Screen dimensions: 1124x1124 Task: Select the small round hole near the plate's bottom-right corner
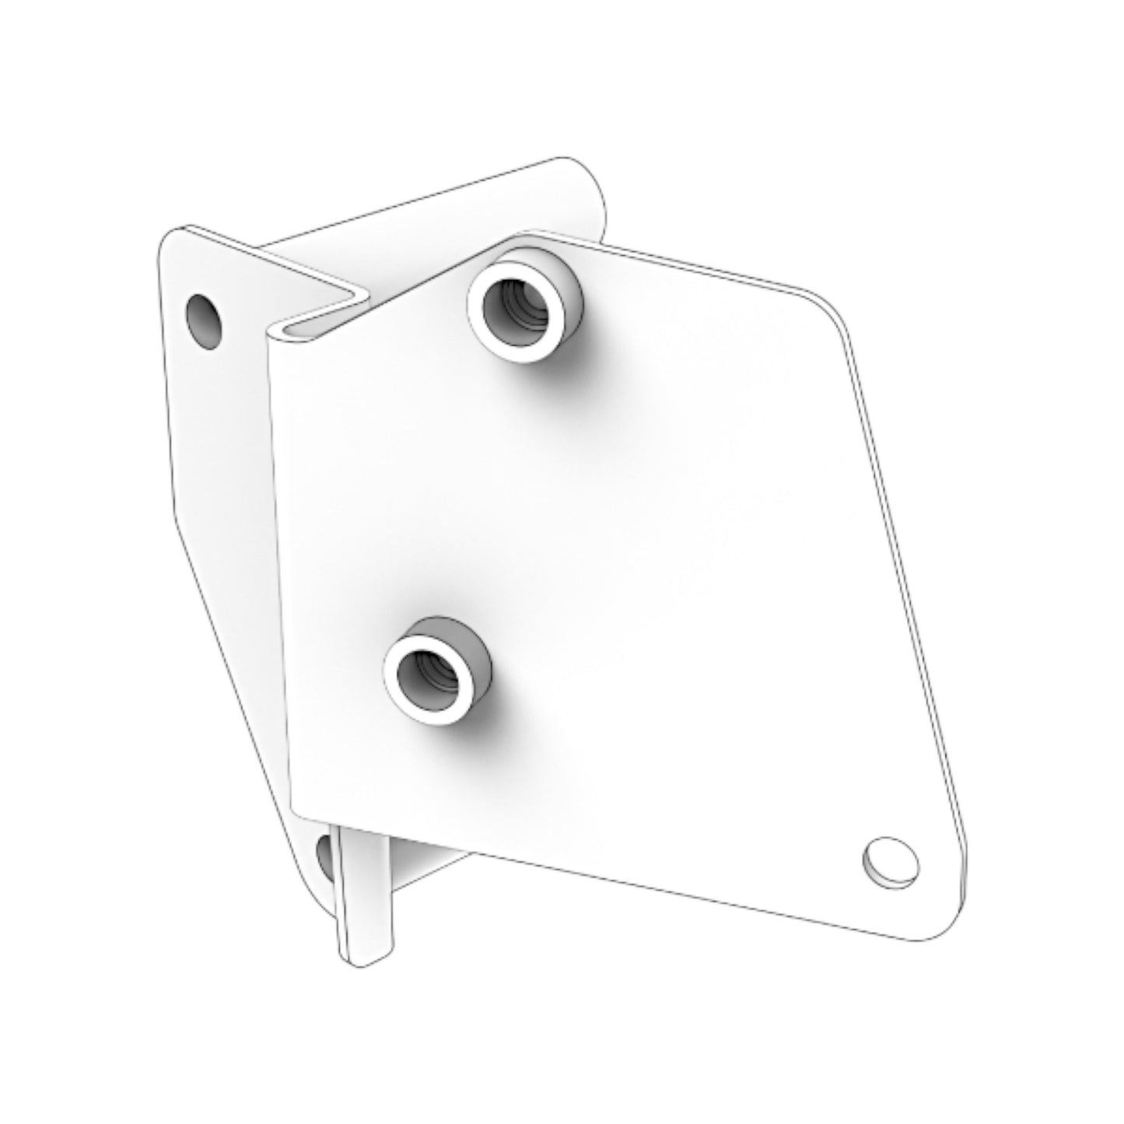click(x=890, y=860)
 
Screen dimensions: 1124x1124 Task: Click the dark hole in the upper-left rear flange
click(x=204, y=320)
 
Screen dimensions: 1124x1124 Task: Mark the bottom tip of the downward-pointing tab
click(x=364, y=961)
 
